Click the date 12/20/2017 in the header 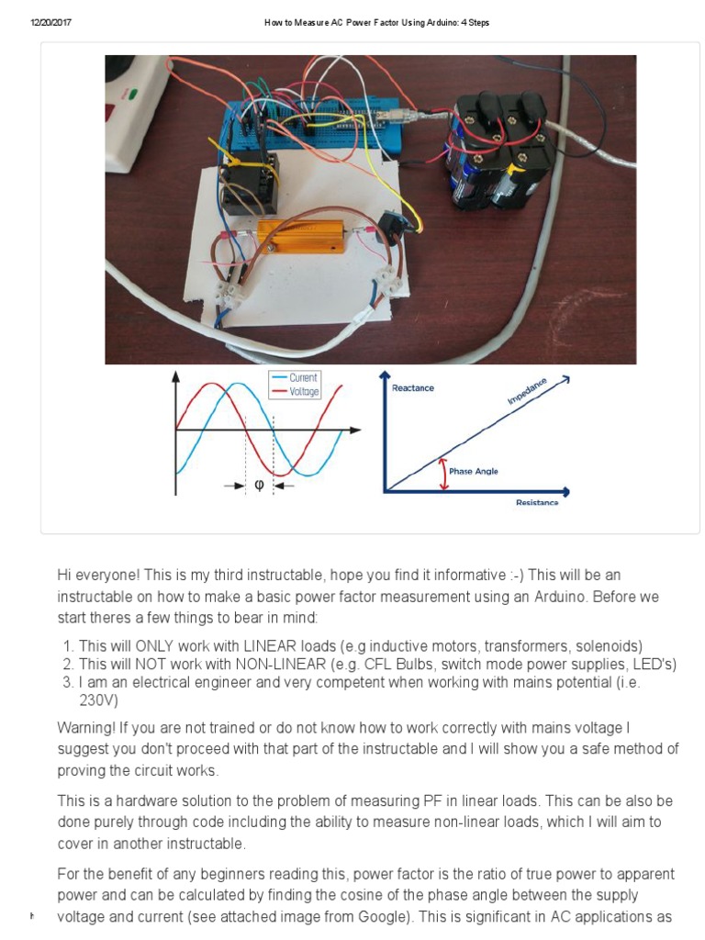click(50, 23)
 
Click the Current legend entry click(303, 377)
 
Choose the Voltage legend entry click(304, 392)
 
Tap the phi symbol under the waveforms click(259, 486)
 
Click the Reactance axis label click(413, 388)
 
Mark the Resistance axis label click(536, 502)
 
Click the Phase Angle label click(474, 471)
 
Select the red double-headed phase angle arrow click(445, 474)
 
